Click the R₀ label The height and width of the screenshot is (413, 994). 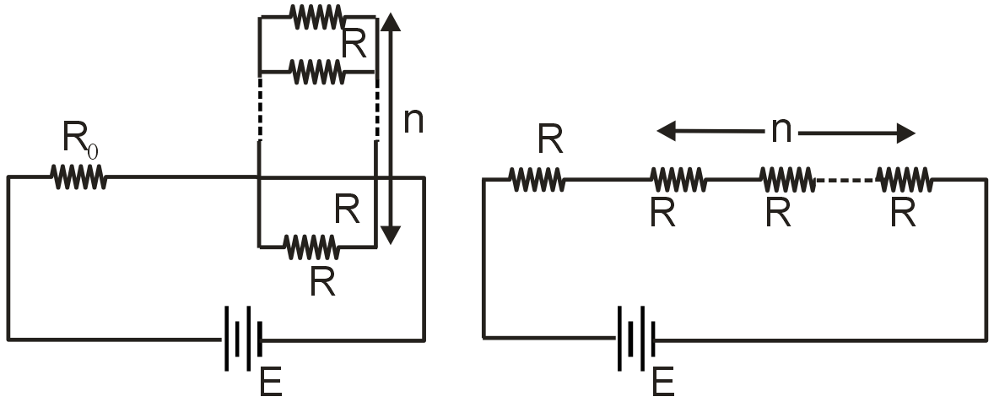(x=81, y=139)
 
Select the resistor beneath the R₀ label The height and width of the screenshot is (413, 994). (x=78, y=177)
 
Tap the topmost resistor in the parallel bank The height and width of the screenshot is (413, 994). (x=316, y=16)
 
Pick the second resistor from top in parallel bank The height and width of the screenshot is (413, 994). (x=317, y=73)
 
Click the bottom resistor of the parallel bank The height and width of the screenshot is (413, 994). (x=311, y=247)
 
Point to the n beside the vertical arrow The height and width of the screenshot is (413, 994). (x=413, y=121)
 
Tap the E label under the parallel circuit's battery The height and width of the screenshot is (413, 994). (x=271, y=383)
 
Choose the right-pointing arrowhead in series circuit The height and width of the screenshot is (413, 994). (x=905, y=133)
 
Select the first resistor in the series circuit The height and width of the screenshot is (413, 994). (x=537, y=179)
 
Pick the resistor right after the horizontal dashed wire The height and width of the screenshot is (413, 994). (x=904, y=179)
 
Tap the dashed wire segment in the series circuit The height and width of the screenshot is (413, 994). (x=845, y=179)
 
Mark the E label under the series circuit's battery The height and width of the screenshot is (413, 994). (x=663, y=383)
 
